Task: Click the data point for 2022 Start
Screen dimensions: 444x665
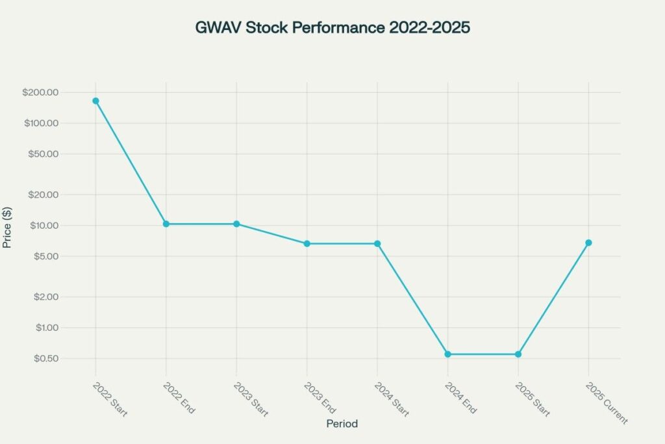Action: [95, 101]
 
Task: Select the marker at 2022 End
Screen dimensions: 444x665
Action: [166, 224]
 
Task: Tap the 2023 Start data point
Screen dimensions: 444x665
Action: [236, 224]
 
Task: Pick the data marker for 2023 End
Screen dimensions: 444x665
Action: [307, 244]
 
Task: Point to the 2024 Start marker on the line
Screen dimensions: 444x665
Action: [377, 244]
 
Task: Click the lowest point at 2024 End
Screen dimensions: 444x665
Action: [448, 354]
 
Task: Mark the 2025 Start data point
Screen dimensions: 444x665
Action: [518, 354]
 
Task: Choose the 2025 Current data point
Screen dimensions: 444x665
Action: [588, 242]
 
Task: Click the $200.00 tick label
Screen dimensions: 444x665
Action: [40, 92]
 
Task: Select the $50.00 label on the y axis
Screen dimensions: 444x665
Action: [43, 154]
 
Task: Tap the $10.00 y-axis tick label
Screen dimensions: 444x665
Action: [43, 226]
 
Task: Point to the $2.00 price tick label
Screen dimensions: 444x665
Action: [45, 296]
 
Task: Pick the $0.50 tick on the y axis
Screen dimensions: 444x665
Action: [45, 358]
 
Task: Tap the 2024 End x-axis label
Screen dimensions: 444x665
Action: [461, 398]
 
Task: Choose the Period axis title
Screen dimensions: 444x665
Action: [342, 424]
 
